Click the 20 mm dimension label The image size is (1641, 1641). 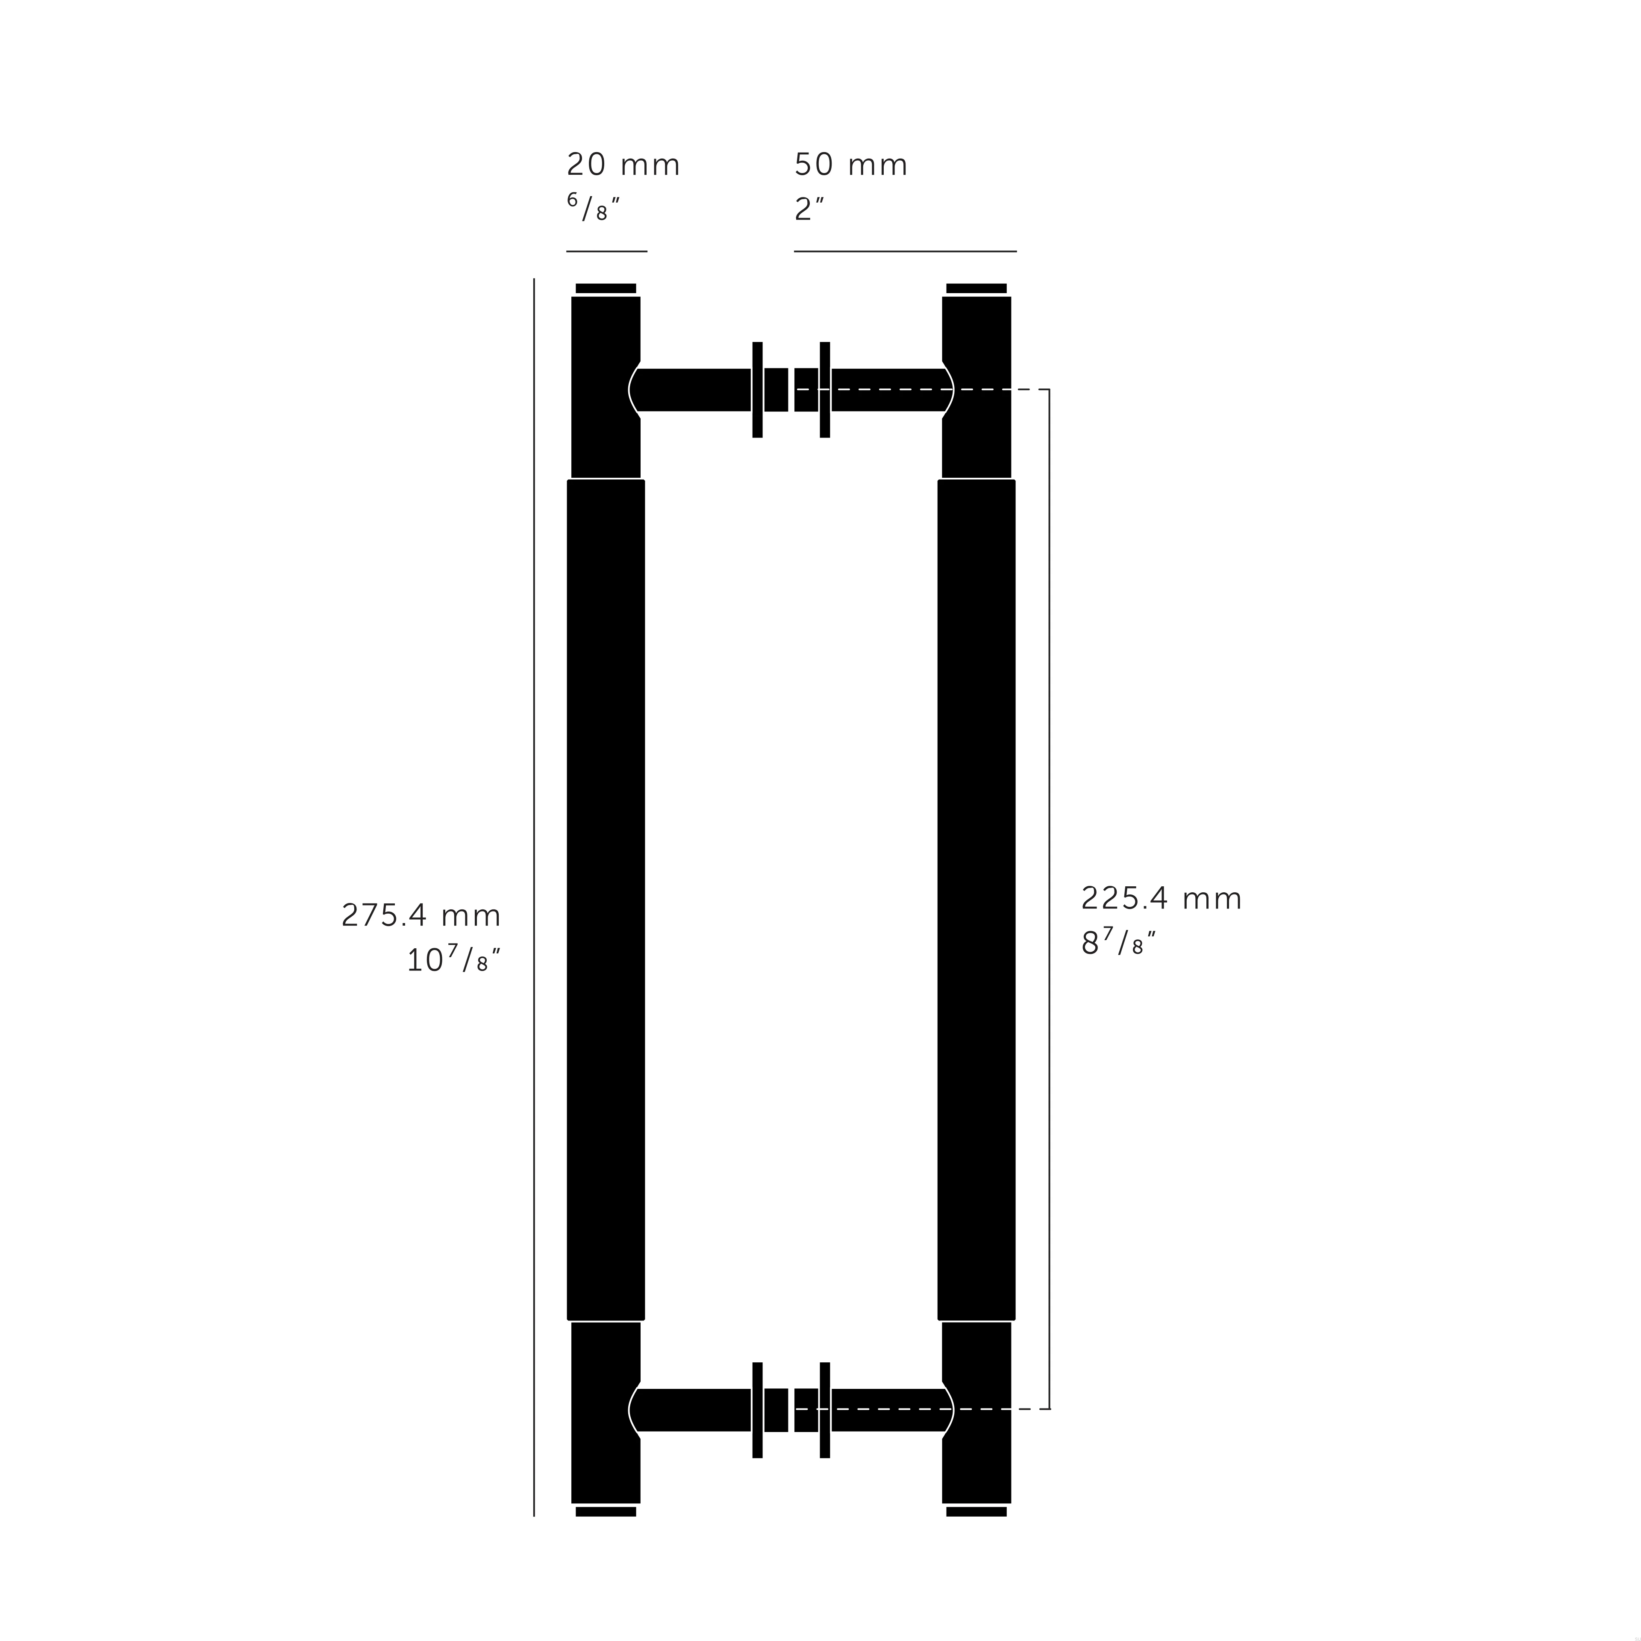click(623, 165)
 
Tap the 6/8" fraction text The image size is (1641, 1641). click(593, 207)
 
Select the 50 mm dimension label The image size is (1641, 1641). click(850, 165)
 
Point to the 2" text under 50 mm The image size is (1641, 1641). click(809, 209)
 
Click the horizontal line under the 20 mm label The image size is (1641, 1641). click(606, 251)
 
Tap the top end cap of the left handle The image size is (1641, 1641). click(606, 288)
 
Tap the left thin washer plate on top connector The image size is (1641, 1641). click(757, 390)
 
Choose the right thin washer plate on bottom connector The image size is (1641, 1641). click(824, 1410)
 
